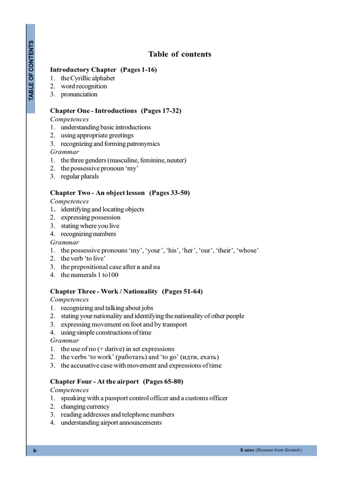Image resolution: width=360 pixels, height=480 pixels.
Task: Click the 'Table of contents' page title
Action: [x=180, y=54]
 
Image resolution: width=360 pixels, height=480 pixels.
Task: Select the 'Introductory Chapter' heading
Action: [x=83, y=70]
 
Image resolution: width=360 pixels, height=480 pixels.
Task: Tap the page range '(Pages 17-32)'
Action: [x=161, y=111]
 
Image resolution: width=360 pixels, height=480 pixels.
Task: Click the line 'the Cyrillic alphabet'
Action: [x=88, y=78]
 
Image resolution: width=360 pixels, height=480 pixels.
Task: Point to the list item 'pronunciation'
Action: [x=79, y=95]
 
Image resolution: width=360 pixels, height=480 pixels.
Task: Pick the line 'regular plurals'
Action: [x=80, y=177]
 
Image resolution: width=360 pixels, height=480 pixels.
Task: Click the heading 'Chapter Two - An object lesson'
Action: [x=97, y=193]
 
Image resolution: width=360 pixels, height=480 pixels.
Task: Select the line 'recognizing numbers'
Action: [x=88, y=234]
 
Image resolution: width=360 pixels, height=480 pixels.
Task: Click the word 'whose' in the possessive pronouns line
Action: [x=248, y=250]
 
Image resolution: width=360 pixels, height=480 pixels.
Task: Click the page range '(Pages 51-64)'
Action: [x=182, y=292]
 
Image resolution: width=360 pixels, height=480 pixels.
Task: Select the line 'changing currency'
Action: [x=85, y=406]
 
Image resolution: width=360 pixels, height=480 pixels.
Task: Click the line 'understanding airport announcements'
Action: [x=111, y=423]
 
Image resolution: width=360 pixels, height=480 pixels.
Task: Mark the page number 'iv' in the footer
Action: [x=35, y=450]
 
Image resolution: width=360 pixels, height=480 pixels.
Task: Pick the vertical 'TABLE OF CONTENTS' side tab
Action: [x=31, y=70]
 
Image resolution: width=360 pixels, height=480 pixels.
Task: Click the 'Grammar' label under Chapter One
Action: [x=65, y=152]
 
